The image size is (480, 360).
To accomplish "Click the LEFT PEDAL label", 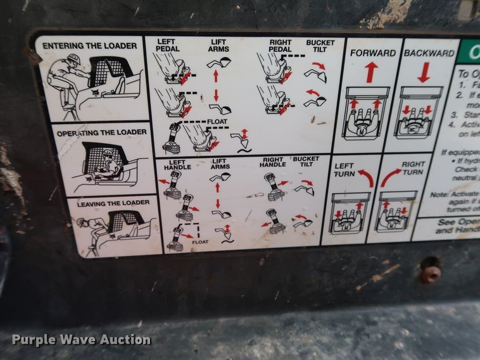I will click(167, 45).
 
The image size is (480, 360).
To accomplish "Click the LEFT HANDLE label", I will click(177, 164).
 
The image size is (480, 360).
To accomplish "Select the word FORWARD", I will click(372, 53).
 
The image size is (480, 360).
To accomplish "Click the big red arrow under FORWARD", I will click(372, 72).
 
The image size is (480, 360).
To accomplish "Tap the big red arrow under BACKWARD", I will click(424, 71).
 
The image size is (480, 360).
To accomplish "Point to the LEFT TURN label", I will click(343, 170).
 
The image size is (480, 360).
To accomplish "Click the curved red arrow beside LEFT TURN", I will click(365, 177).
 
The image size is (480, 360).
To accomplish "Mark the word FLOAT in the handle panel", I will click(200, 241).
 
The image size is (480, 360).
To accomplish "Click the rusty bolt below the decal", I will click(431, 272).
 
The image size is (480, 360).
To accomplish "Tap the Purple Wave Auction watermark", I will click(82, 340).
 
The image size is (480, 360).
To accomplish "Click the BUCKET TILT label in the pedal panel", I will click(320, 46).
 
